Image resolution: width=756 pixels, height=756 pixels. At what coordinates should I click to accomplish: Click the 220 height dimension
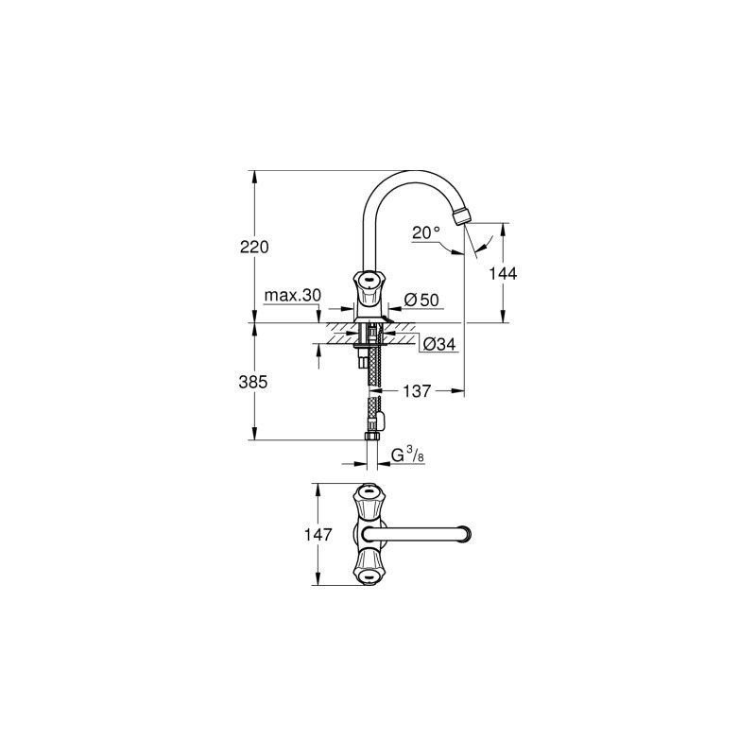(254, 247)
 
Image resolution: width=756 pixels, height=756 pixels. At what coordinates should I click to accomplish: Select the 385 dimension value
(253, 382)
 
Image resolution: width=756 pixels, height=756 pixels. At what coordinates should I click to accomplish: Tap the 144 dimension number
(503, 273)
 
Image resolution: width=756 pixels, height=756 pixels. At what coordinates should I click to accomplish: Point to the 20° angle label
(426, 232)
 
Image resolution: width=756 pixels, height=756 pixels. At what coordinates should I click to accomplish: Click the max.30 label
(292, 295)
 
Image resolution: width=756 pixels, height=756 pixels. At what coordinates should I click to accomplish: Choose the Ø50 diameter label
(421, 300)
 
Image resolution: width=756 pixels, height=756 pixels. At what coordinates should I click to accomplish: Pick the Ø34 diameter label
(439, 344)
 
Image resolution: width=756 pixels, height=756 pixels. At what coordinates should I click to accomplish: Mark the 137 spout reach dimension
(417, 391)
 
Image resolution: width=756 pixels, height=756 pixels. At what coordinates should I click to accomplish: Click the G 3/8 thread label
(407, 455)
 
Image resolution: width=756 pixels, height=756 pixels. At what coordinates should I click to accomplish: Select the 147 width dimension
(318, 534)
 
